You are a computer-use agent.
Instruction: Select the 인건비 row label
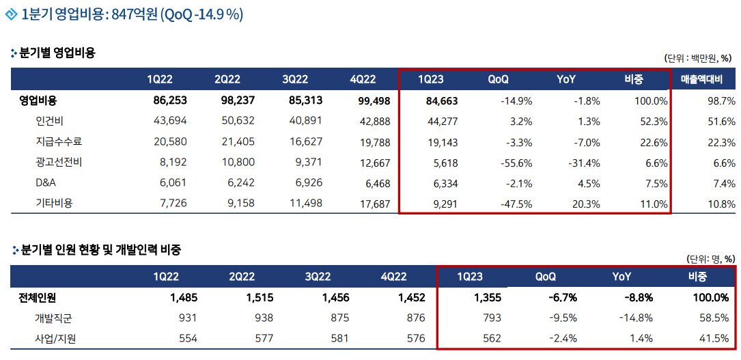coord(50,122)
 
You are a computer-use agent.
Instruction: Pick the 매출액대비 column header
coord(707,80)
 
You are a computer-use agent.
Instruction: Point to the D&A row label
coord(46,184)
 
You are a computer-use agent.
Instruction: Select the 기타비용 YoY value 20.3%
coord(584,204)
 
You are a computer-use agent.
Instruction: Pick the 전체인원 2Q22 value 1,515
coord(257,297)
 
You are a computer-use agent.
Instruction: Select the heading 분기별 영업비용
coord(57,52)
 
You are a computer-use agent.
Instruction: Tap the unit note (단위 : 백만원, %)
coord(699,59)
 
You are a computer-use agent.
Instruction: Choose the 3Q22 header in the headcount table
coord(318,277)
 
